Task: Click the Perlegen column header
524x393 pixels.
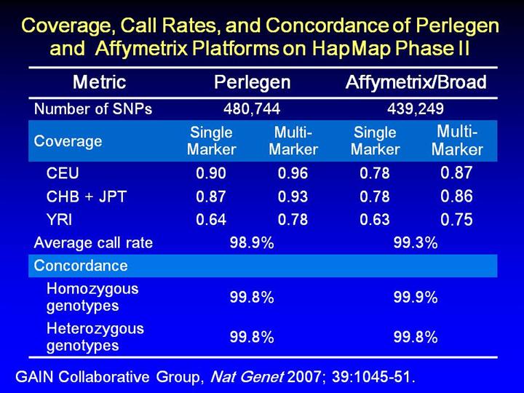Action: [252, 82]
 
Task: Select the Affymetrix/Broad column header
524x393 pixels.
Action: [416, 82]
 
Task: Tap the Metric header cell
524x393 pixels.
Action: [100, 82]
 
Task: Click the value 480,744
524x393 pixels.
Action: [252, 109]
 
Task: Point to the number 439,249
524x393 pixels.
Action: [416, 109]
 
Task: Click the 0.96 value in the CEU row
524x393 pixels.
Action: [293, 174]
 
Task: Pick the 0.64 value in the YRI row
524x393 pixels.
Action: [211, 219]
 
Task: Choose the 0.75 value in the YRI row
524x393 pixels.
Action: [457, 220]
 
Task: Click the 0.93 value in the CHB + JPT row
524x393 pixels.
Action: [293, 196]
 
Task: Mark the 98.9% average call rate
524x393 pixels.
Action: [252, 243]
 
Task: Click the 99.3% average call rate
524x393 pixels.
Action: [416, 243]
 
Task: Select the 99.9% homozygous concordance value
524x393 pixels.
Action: [416, 297]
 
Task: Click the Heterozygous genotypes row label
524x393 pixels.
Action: [95, 336]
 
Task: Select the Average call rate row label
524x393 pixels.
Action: [94, 243]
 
